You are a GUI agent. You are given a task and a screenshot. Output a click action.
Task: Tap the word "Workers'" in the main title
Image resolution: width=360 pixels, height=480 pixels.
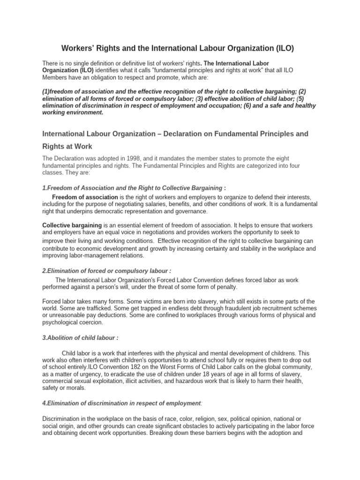(79, 48)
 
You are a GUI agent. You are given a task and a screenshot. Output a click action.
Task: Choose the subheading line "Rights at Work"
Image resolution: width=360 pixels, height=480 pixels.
(67, 146)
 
